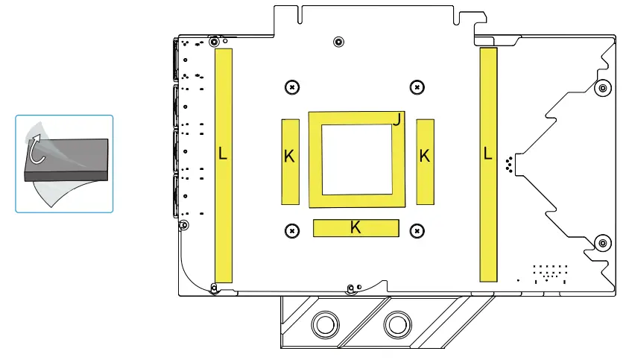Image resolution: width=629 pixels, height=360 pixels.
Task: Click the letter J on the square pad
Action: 396,119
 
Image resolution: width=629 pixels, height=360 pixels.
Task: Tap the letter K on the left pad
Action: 289,156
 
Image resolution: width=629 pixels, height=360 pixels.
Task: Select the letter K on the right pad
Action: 425,156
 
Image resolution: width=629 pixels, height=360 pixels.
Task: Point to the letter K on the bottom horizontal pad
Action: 355,227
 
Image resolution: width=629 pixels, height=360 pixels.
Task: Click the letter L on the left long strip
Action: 223,154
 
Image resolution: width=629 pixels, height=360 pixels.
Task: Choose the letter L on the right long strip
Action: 487,154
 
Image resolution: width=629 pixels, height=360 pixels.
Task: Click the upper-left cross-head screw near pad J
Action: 292,87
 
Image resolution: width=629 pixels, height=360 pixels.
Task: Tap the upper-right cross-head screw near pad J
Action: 417,87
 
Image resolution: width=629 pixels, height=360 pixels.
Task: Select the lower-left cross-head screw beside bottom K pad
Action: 292,231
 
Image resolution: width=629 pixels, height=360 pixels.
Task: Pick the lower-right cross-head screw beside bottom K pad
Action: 417,231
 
